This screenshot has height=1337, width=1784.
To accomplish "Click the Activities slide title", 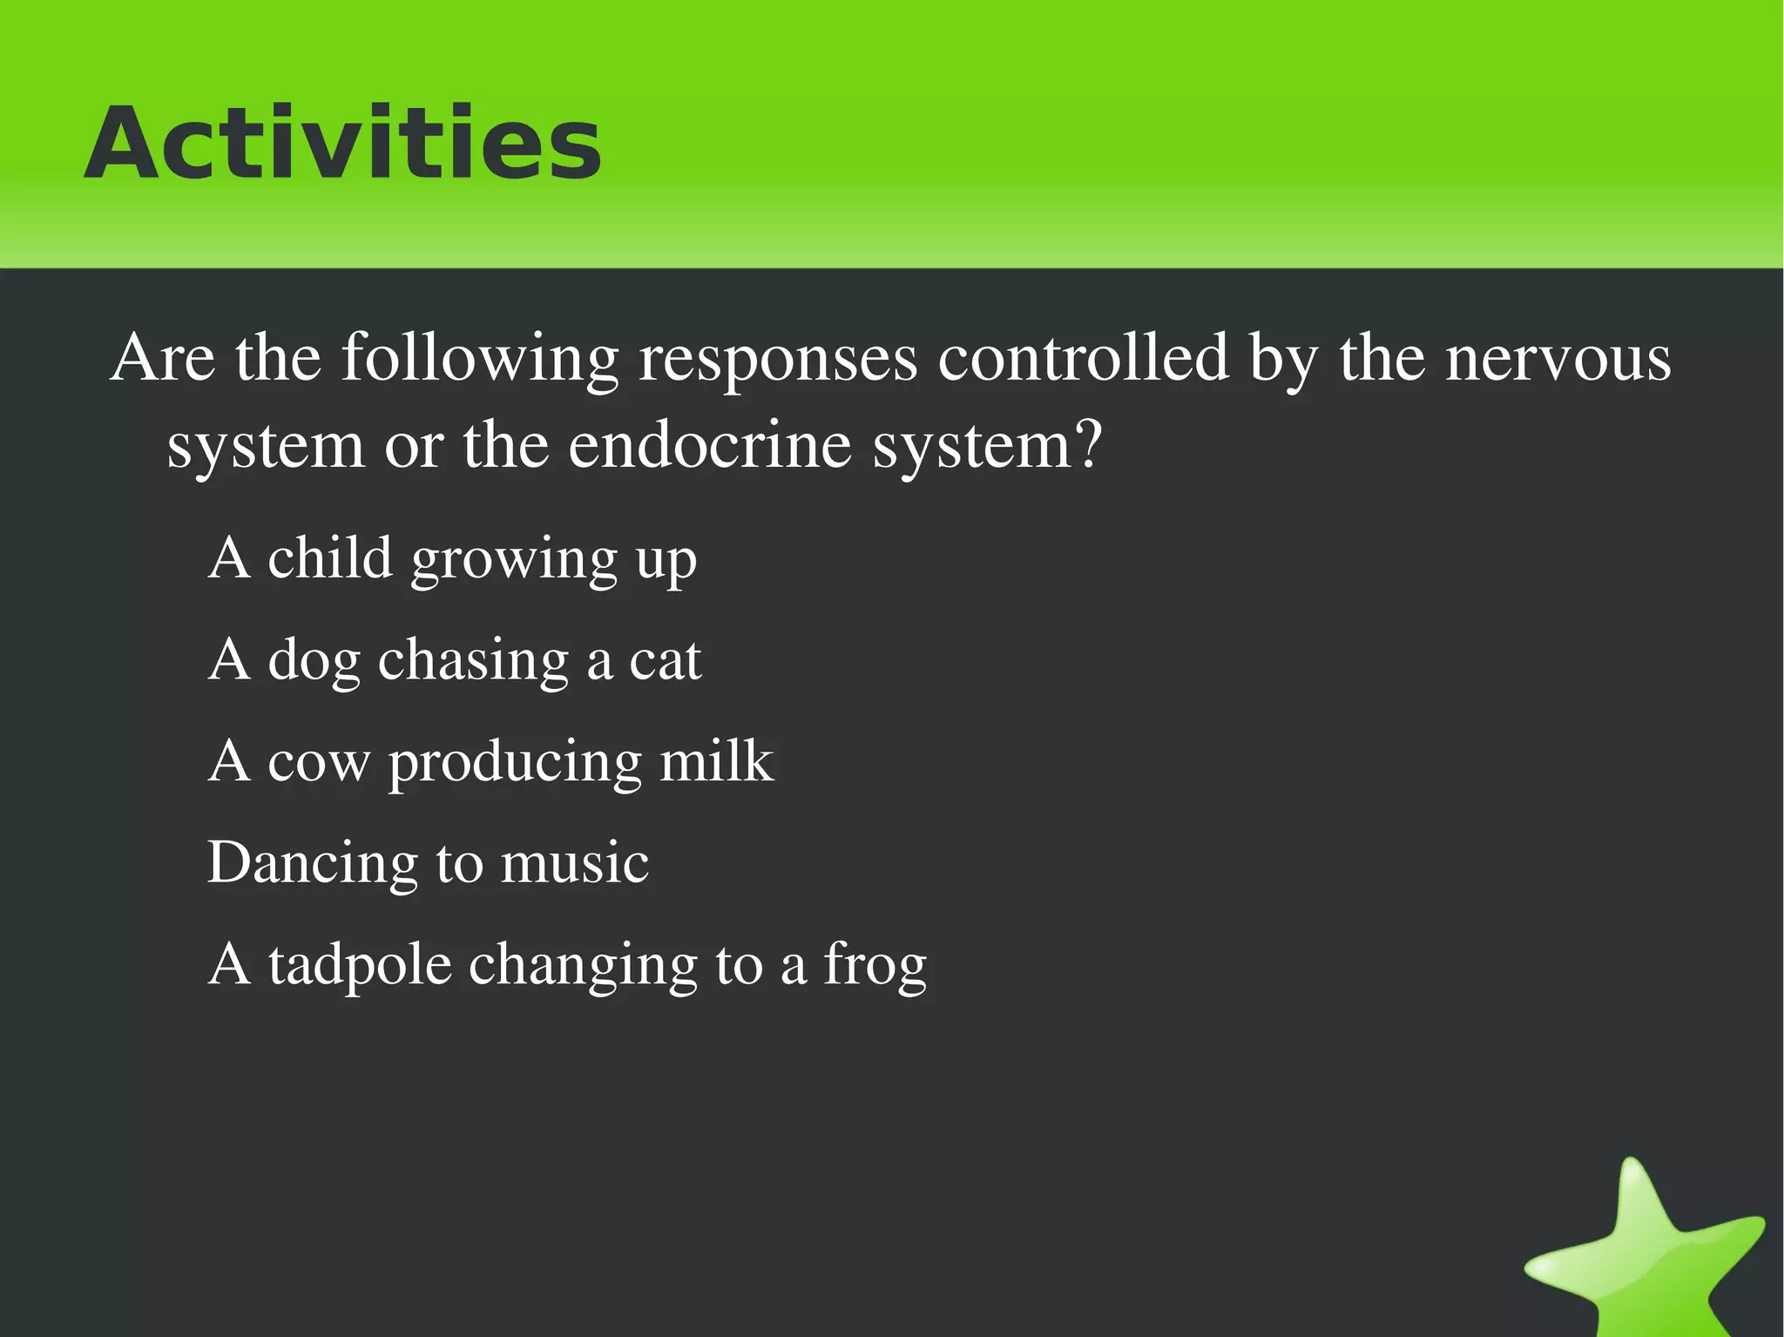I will tap(342, 144).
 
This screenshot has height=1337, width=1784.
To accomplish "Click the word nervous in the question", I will tap(1558, 359).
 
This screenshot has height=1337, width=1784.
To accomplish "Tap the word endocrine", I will tap(709, 446).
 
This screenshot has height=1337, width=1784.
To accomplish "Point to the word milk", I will tap(716, 761).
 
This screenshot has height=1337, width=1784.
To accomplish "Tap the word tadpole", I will tap(360, 966).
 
